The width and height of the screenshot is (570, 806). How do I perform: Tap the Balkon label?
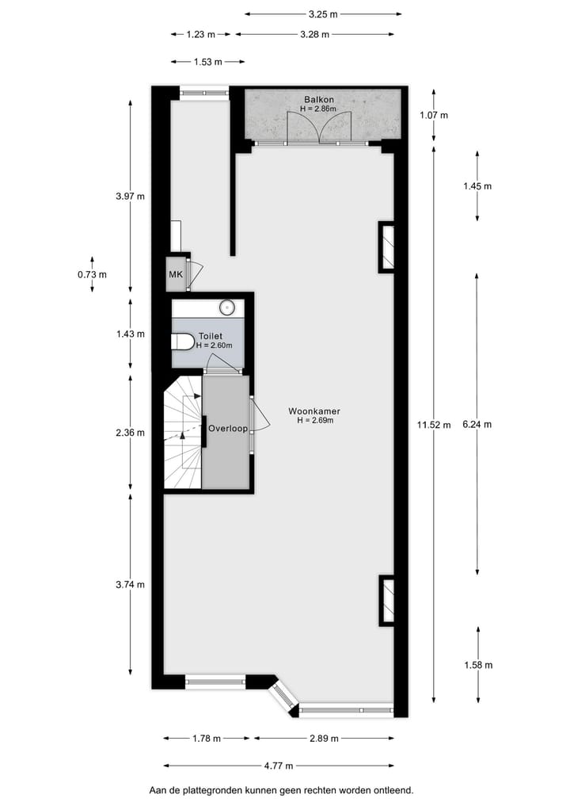pos(318,100)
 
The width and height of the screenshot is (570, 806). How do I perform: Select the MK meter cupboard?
pos(175,275)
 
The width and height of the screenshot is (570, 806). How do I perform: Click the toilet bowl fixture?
pos(183,342)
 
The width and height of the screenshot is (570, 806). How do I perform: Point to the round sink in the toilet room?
pos(227,307)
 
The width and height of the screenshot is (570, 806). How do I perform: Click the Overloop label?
pos(227,429)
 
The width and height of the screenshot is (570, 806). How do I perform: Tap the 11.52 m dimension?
pos(434,425)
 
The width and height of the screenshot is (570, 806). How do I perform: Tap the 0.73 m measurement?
pos(92,274)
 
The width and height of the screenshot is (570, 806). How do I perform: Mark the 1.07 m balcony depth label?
pos(433,115)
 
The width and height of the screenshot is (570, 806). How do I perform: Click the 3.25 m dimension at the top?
pos(322,13)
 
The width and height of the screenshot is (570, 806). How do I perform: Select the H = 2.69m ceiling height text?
pos(315,421)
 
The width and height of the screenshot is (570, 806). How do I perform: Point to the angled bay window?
pos(282,696)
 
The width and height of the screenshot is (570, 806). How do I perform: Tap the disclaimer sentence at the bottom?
pos(281,790)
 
